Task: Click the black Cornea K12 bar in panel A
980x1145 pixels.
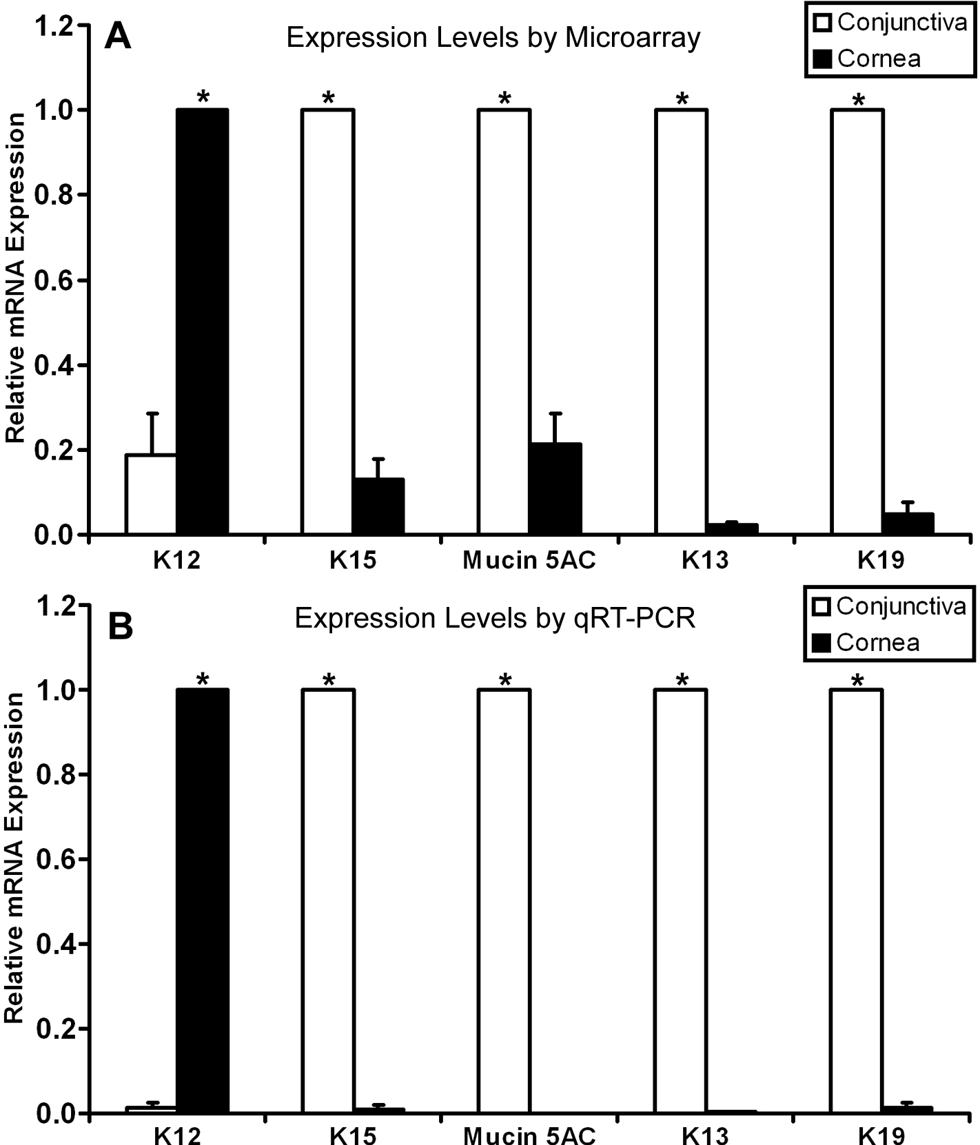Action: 202,321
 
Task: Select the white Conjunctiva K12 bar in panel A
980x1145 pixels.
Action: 151,494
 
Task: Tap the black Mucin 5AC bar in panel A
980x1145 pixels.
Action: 555,488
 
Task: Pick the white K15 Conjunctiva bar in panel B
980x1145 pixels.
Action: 327,900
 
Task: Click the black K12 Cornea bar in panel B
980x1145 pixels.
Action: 202,900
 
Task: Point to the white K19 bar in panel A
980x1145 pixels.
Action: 857,321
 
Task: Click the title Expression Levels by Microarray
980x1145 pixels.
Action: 493,38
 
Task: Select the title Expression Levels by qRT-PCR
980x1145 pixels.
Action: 495,618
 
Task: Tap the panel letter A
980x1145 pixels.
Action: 117,36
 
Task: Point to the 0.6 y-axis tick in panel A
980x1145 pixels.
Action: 63,280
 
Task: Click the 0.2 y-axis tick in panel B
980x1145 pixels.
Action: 63,1029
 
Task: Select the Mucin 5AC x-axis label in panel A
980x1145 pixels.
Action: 529,561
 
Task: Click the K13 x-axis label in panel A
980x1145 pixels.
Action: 705,561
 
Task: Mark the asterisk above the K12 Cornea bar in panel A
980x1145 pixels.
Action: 203,98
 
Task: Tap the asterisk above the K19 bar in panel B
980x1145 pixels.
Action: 857,681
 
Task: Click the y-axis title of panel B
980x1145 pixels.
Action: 15,858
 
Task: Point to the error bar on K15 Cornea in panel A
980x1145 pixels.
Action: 378,468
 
